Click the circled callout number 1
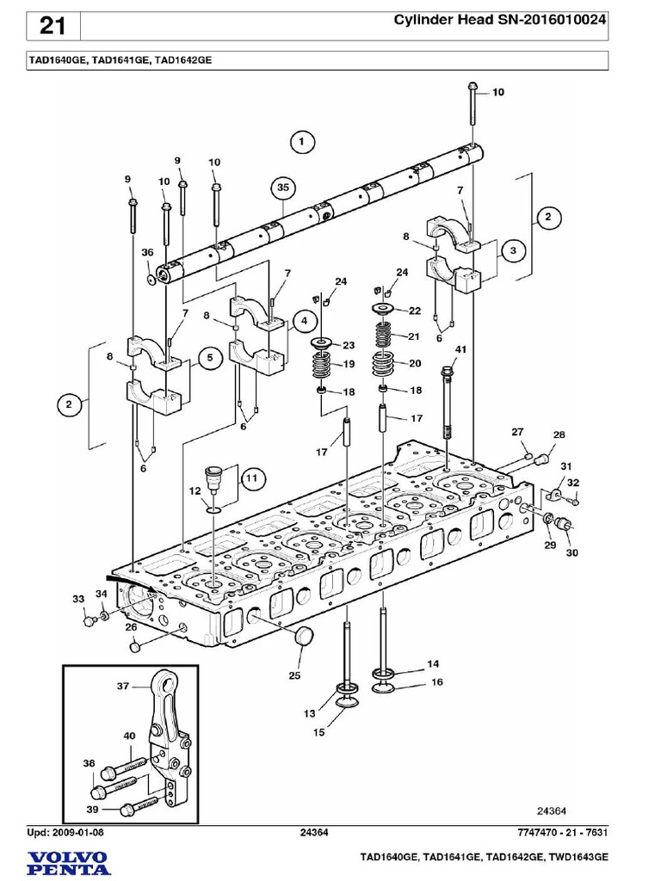(x=302, y=142)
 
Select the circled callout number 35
(x=283, y=188)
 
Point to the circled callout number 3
(x=513, y=250)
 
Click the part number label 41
(x=460, y=349)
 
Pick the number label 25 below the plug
(x=294, y=675)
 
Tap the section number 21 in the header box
(x=53, y=26)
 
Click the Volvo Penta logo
(x=69, y=863)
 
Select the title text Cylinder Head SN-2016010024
(x=500, y=20)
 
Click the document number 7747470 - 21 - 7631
(x=562, y=832)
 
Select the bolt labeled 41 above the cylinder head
(x=448, y=403)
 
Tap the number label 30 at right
(x=571, y=553)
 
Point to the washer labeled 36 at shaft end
(x=150, y=279)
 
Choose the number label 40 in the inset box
(x=129, y=736)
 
